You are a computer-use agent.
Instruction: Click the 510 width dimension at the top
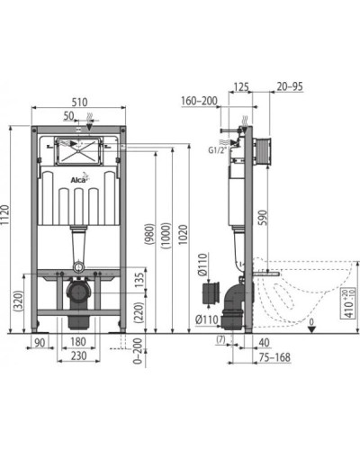click(82, 103)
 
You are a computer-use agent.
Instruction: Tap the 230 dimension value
click(80, 357)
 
